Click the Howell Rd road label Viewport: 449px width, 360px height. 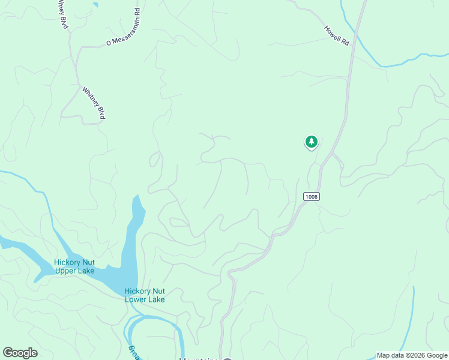click(336, 36)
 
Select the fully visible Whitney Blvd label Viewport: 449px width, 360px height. click(93, 103)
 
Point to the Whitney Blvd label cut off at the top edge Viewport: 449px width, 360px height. click(62, 14)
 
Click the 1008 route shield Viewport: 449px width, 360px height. click(311, 197)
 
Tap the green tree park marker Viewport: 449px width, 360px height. click(311, 142)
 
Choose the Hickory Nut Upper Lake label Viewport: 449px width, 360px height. click(76, 266)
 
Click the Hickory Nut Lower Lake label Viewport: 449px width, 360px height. click(144, 295)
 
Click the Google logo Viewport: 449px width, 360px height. click(20, 353)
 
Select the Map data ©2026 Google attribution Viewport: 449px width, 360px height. click(412, 355)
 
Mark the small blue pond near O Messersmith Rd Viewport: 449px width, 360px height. click(95, 5)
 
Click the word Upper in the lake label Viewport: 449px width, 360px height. click(67, 271)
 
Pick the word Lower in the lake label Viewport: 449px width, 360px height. click(137, 299)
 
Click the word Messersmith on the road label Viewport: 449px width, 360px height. click(125, 26)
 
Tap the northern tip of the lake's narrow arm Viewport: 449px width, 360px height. click(136, 196)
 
